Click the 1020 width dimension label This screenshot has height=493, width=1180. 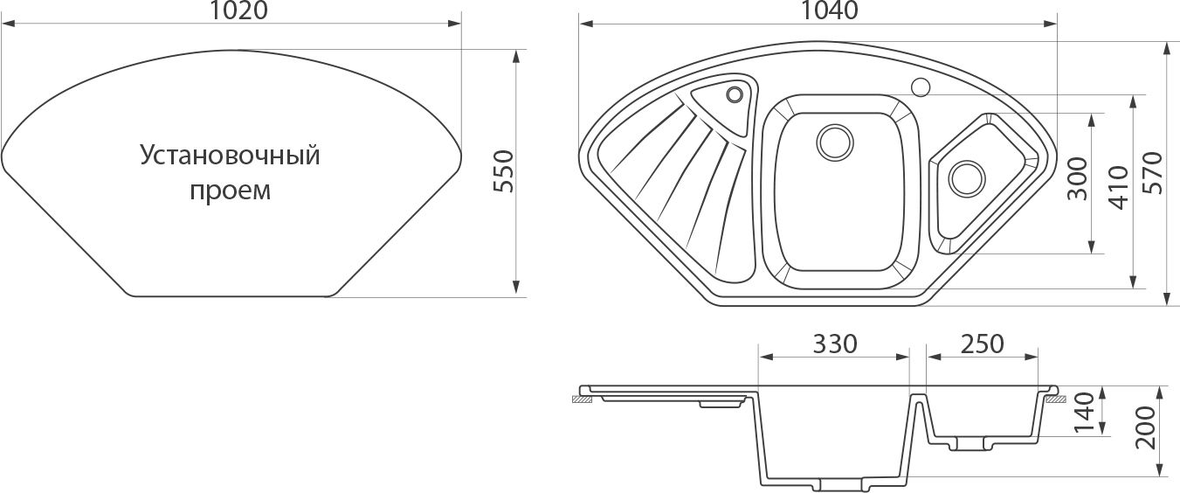coord(238,10)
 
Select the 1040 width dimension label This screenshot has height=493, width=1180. coord(829,10)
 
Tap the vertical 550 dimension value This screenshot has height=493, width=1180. coord(504,170)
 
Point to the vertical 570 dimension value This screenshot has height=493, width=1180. coord(1152,173)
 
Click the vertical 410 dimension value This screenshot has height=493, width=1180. coord(1119,188)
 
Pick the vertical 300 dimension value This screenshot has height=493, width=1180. coord(1077,178)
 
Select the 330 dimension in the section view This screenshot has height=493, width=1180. coord(835,344)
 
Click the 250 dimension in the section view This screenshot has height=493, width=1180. coord(983,344)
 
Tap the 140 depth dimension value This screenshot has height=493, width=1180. coord(1085,413)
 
